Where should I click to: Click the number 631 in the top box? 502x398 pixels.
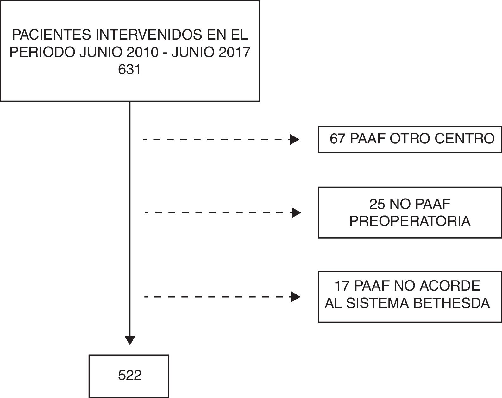129,69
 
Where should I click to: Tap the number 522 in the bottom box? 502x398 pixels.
129,376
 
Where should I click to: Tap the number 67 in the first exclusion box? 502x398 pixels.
337,139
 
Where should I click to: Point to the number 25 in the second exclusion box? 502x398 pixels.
377,204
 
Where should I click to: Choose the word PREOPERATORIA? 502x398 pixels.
410,221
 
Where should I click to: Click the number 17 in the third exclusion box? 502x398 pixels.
342,286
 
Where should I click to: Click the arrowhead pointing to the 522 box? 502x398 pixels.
130,340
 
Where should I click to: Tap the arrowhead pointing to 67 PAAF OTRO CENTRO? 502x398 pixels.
294,139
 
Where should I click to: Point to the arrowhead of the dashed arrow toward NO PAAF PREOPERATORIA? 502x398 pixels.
296,213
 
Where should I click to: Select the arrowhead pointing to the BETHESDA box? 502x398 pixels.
295,297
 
